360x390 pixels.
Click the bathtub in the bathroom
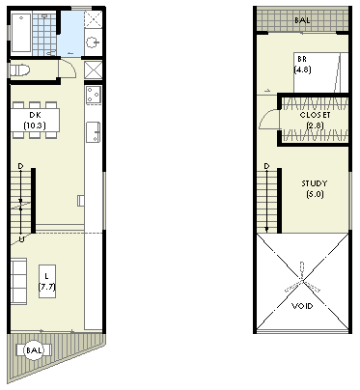pyautogui.click(x=21, y=33)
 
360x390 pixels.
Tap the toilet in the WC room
pyautogui.click(x=20, y=70)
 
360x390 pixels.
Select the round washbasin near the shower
pyautogui.click(x=93, y=42)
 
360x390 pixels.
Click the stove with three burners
pyautogui.click(x=94, y=95)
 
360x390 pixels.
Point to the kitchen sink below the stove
pyautogui.click(x=93, y=132)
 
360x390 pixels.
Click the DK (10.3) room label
pyautogui.click(x=35, y=120)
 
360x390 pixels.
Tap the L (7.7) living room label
pyautogui.click(x=47, y=282)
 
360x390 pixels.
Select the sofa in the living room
pyautogui.click(x=18, y=281)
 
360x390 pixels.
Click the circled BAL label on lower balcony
pyautogui.click(x=34, y=350)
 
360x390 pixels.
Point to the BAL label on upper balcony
pyautogui.click(x=302, y=20)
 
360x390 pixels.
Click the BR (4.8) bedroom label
pyautogui.click(x=302, y=65)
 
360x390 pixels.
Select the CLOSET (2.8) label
pyautogui.click(x=315, y=120)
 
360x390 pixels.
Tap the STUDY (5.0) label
pyautogui.click(x=315, y=189)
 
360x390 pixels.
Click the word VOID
pyautogui.click(x=302, y=306)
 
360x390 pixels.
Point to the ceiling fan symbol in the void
pyautogui.click(x=302, y=281)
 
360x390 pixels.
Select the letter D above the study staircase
pyautogui.click(x=266, y=166)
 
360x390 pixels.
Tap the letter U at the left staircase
pyautogui.click(x=21, y=239)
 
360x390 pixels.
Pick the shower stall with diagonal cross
pyautogui.click(x=94, y=19)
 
